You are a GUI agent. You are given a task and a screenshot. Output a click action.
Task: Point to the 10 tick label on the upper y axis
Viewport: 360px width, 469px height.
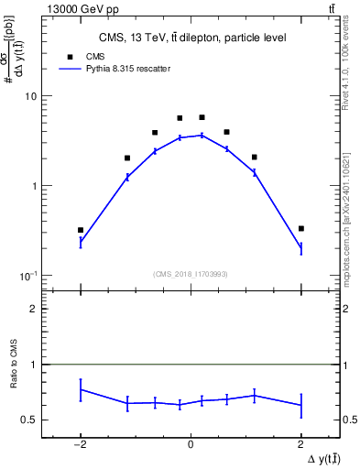tap(30, 96)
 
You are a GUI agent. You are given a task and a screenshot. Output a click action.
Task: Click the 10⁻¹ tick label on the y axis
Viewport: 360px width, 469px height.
tap(27, 276)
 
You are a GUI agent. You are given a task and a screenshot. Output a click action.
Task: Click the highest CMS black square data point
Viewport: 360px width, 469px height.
tap(202, 117)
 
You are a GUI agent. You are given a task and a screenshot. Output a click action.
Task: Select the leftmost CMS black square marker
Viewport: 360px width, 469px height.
tap(81, 230)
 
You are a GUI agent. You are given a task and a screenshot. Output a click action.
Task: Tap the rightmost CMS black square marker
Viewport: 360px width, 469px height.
tap(300, 228)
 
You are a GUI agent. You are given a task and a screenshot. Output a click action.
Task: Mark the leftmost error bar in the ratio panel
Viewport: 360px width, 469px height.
tap(81, 389)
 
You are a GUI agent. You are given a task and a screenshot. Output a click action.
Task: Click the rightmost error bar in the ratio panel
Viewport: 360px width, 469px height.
tap(300, 405)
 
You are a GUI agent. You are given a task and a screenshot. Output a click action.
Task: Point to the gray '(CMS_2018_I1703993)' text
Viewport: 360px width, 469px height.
tap(191, 274)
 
